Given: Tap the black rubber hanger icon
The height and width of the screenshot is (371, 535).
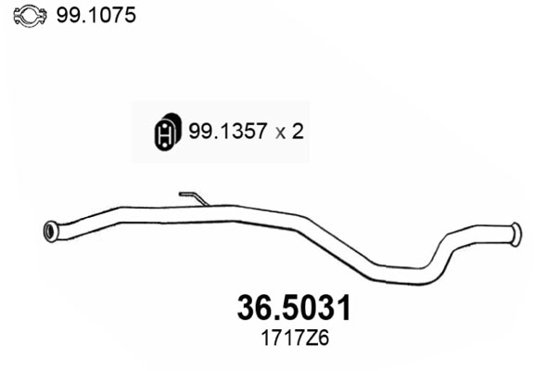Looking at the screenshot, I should [165, 133].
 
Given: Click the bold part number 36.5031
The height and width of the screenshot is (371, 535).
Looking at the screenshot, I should [288, 308].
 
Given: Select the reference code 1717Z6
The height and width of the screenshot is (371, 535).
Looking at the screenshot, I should [288, 339].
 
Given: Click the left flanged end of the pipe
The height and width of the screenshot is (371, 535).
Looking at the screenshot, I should [51, 231].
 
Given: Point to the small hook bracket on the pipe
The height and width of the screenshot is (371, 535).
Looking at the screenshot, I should [192, 197].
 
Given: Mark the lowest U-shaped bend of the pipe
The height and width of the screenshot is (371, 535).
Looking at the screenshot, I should [408, 275].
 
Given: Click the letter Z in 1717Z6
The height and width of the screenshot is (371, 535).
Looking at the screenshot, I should [303, 339].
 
